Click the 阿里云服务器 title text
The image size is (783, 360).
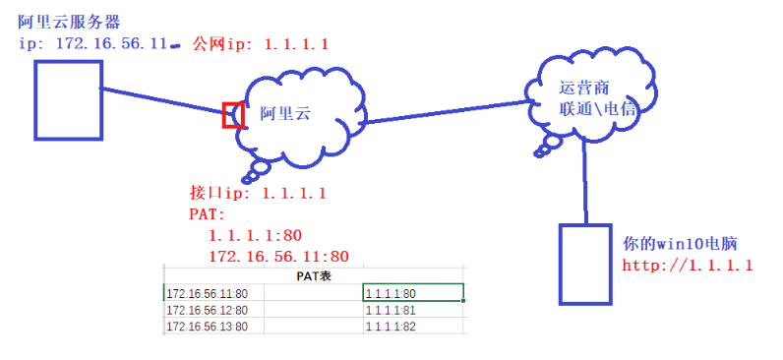tap(62, 22)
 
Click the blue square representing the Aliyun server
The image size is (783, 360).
tap(68, 100)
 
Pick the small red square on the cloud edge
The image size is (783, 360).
tap(233, 115)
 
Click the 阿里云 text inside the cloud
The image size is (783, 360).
tap(284, 114)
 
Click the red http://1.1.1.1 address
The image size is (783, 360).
tap(687, 266)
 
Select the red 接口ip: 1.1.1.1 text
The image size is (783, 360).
tap(257, 193)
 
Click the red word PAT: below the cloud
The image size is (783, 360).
tap(208, 213)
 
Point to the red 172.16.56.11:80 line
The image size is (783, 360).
tap(279, 257)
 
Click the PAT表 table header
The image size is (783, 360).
tap(313, 277)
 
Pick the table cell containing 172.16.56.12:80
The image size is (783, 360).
tap(208, 310)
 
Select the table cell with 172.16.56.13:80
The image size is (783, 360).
tap(208, 327)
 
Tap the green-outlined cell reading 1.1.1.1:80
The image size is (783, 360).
tap(412, 293)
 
